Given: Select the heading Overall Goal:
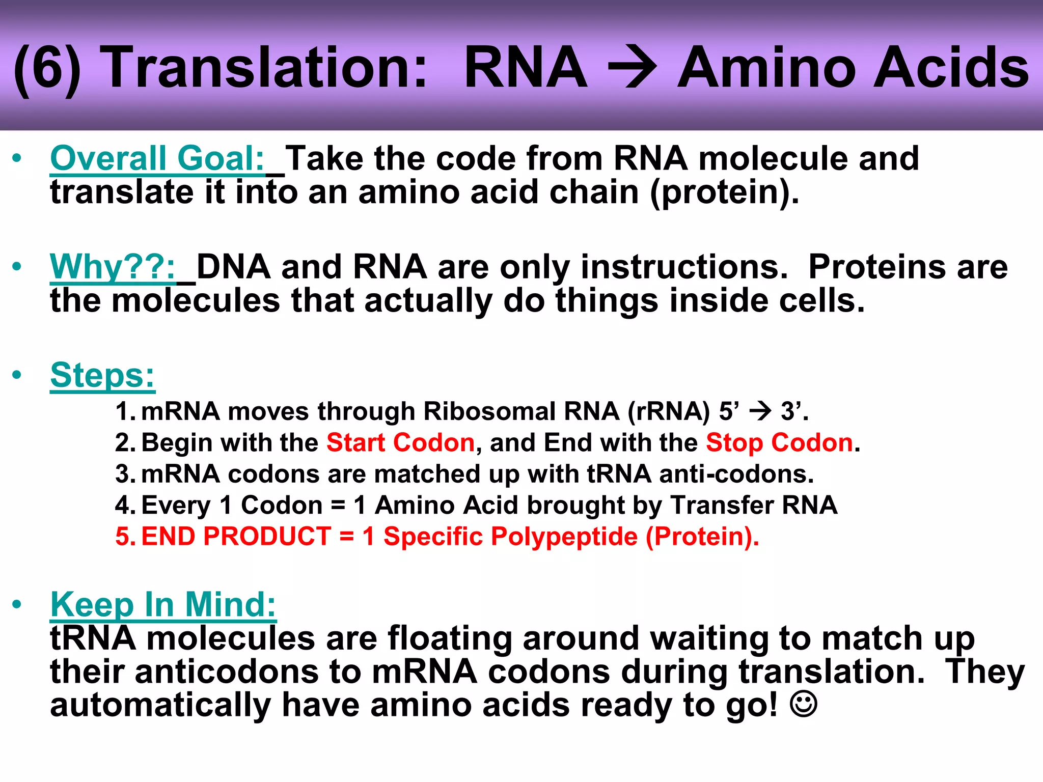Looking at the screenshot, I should [157, 159].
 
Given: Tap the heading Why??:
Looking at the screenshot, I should [113, 267].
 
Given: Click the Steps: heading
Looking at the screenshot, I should [102, 376].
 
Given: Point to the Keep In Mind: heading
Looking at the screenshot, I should [163, 605].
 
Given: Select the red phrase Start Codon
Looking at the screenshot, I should [400, 442].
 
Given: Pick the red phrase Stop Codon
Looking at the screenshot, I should [779, 442].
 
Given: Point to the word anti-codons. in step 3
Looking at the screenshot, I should [736, 474].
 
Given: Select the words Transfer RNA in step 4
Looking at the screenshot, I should [754, 505].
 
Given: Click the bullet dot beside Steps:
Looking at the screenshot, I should [17, 375].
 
